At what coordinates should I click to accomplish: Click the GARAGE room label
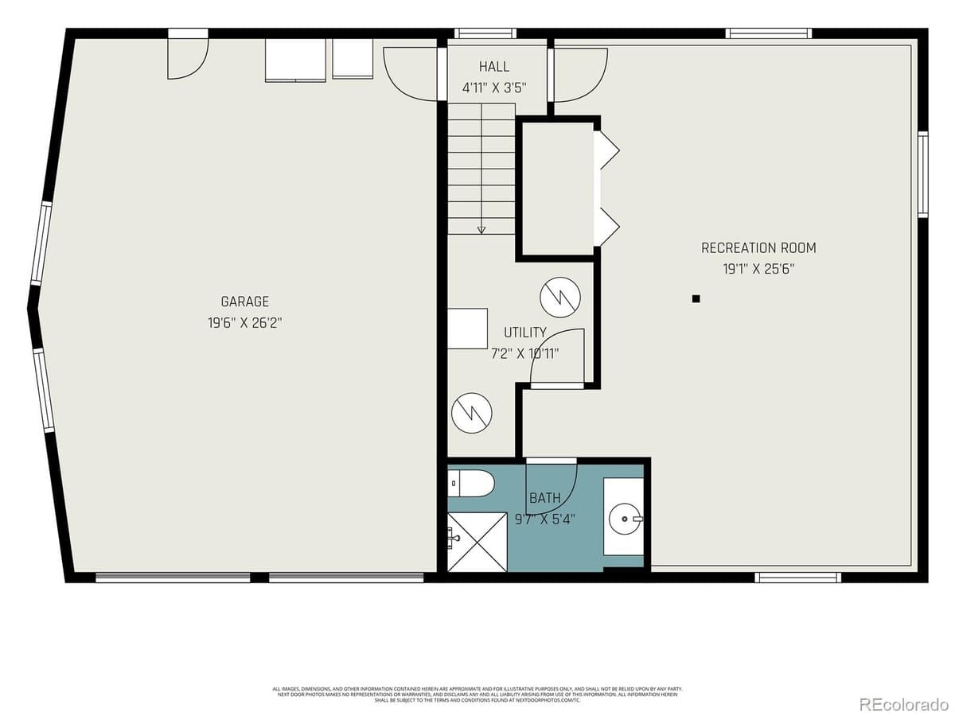[x=244, y=302]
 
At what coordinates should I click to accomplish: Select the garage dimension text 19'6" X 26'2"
[x=244, y=323]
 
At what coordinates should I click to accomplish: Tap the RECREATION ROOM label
[x=758, y=247]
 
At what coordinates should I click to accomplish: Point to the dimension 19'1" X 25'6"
[x=758, y=269]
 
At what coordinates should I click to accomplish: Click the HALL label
[x=493, y=67]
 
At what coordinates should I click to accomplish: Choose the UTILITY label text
[x=525, y=333]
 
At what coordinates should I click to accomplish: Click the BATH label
[x=545, y=498]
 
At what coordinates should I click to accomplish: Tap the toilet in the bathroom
[x=472, y=483]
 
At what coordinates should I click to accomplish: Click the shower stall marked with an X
[x=477, y=542]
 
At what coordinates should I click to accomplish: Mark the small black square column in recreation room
[x=696, y=299]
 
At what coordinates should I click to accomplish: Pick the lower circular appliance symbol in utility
[x=471, y=412]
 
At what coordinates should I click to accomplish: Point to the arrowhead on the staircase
[x=481, y=231]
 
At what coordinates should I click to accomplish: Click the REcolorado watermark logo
[x=902, y=703]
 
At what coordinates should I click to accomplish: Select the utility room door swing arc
[x=561, y=355]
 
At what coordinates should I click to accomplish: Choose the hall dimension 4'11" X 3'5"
[x=493, y=88]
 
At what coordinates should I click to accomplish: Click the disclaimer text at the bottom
[x=477, y=694]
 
